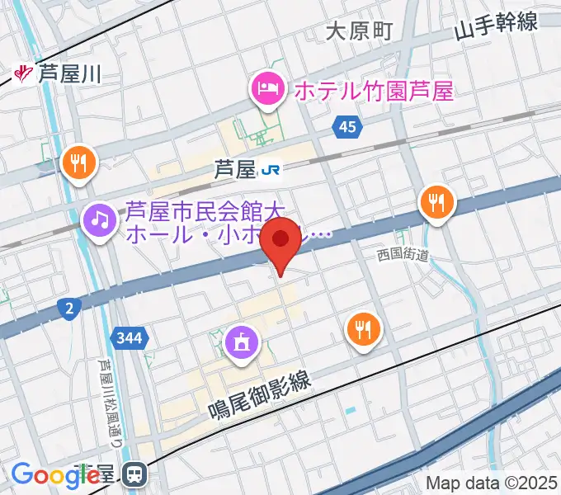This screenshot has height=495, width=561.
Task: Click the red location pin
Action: [x=281, y=241]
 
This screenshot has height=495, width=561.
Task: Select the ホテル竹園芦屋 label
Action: [x=374, y=90]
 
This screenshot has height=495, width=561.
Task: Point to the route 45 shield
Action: [x=347, y=125]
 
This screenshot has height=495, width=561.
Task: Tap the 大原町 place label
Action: [x=359, y=31]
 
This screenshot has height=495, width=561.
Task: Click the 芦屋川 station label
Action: [x=68, y=74]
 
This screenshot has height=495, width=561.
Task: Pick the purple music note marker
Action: [x=101, y=219]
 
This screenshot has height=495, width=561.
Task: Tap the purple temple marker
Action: [x=242, y=341]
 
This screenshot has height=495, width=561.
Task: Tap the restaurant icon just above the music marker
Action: [x=79, y=162]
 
